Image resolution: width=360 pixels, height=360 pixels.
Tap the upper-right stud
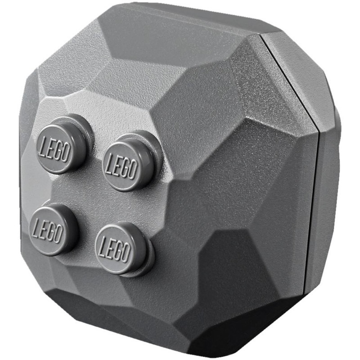pos(132,162)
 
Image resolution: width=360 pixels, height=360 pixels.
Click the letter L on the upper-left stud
pos(43,148)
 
